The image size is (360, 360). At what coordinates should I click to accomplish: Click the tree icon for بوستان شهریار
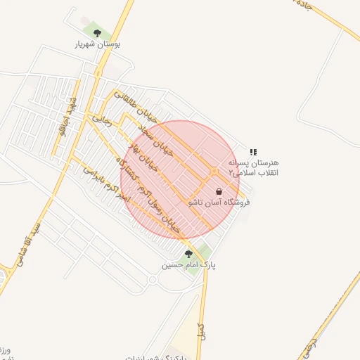(97, 33)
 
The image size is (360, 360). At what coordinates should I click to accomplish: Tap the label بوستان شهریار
(98, 44)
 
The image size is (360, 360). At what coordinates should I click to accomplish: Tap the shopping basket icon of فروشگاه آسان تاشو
(219, 191)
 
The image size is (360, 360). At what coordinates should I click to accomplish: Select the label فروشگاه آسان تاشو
(219, 202)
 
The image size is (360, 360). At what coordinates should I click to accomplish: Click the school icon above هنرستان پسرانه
(253, 152)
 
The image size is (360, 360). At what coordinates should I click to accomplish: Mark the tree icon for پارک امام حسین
(188, 253)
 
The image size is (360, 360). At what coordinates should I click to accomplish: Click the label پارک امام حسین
(188, 265)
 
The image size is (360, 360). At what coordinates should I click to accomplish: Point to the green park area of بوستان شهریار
(91, 30)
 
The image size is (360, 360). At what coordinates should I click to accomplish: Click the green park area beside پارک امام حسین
(203, 251)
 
